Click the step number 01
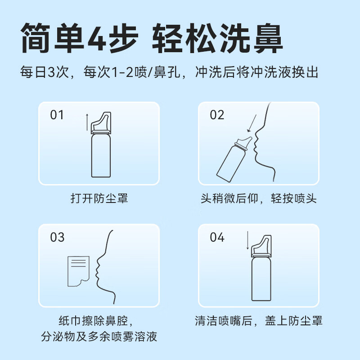click(57, 115)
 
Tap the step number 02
click(217, 115)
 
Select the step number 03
click(58, 237)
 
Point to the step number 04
click(217, 237)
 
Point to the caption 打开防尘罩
click(99, 198)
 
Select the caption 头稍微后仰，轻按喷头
click(258, 198)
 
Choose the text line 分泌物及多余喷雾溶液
click(99, 336)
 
